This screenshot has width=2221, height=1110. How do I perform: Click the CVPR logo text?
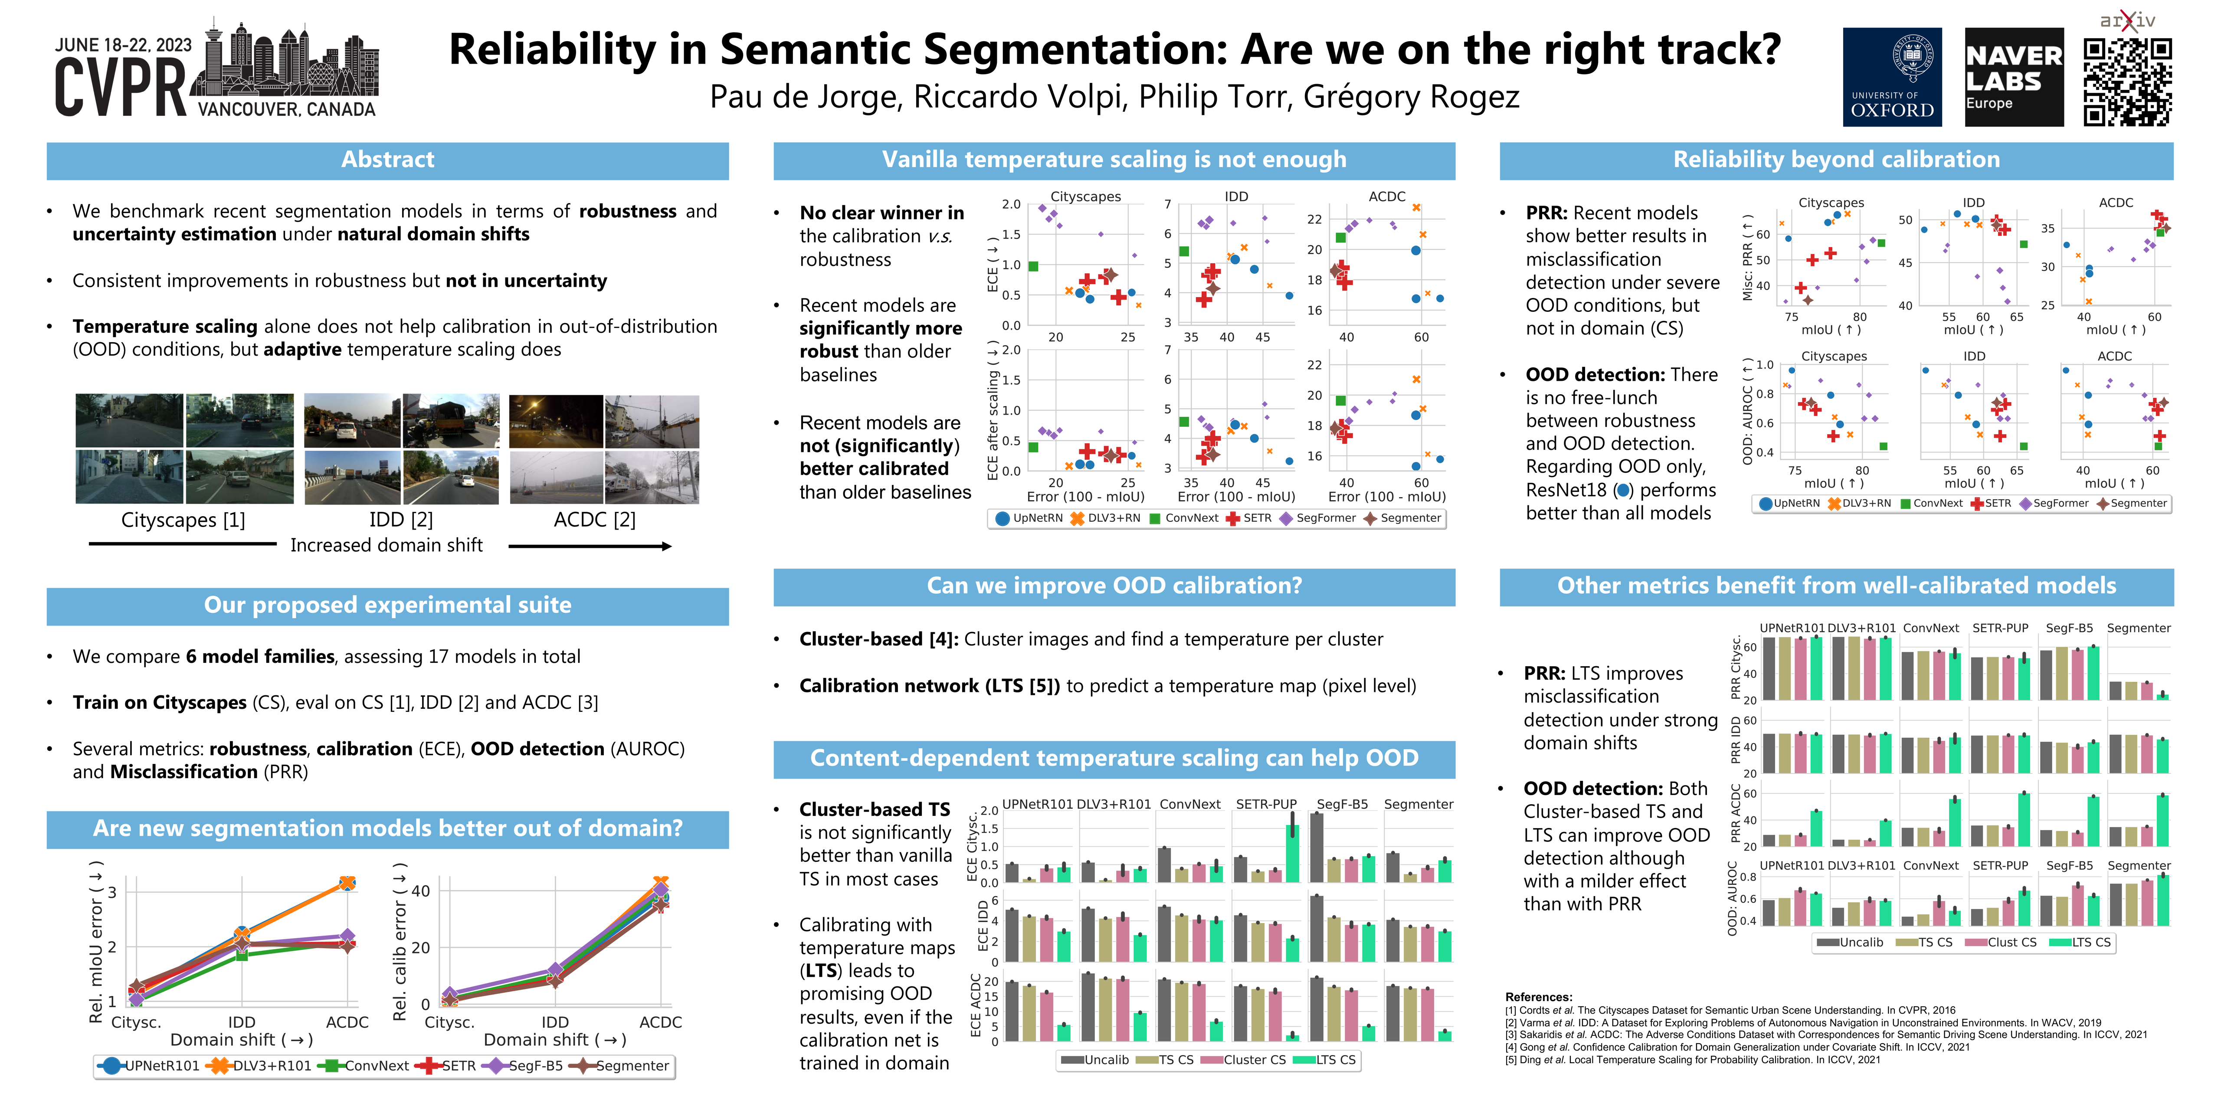tap(121, 88)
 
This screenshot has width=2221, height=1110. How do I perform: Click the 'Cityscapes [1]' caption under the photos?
tap(183, 520)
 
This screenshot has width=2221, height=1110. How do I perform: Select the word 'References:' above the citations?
tap(1538, 997)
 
